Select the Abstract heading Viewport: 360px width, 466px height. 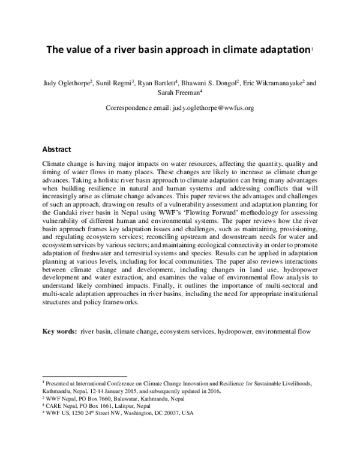point(56,149)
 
